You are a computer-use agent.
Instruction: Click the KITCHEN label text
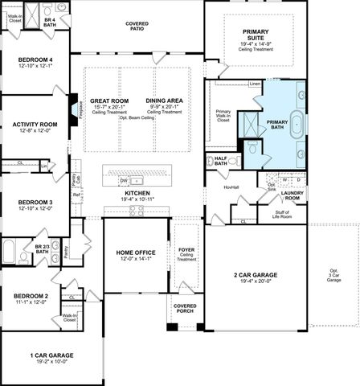137,194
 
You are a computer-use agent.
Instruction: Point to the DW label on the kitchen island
124,180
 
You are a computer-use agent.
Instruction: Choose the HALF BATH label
220,161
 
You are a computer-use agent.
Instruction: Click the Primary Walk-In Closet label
223,115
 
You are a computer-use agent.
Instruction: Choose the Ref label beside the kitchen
76,195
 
